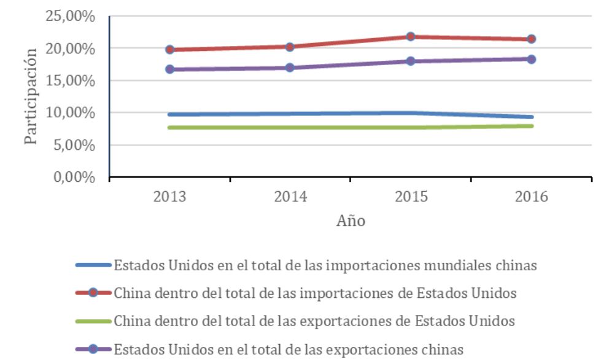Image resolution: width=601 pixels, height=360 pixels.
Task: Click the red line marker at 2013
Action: (x=169, y=49)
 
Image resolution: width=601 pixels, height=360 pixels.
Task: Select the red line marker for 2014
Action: (x=290, y=47)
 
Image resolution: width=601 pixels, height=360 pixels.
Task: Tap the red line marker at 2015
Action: (x=411, y=36)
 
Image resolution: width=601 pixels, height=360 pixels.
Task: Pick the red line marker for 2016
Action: (x=531, y=39)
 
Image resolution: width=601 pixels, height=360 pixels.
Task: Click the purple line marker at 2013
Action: (x=169, y=69)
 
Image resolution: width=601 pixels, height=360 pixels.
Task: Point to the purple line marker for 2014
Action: (x=290, y=68)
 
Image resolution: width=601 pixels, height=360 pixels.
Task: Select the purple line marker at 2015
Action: (x=411, y=61)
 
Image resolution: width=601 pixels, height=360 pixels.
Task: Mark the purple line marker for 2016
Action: (x=531, y=59)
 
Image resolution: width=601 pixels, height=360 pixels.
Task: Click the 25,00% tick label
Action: (x=71, y=16)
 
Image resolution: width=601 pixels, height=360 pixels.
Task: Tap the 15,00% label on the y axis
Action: (x=71, y=80)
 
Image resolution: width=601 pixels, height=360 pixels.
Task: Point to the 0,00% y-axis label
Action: (x=74, y=178)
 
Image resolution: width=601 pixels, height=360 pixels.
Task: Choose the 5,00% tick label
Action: (x=74, y=146)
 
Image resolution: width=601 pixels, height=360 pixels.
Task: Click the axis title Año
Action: (x=351, y=221)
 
